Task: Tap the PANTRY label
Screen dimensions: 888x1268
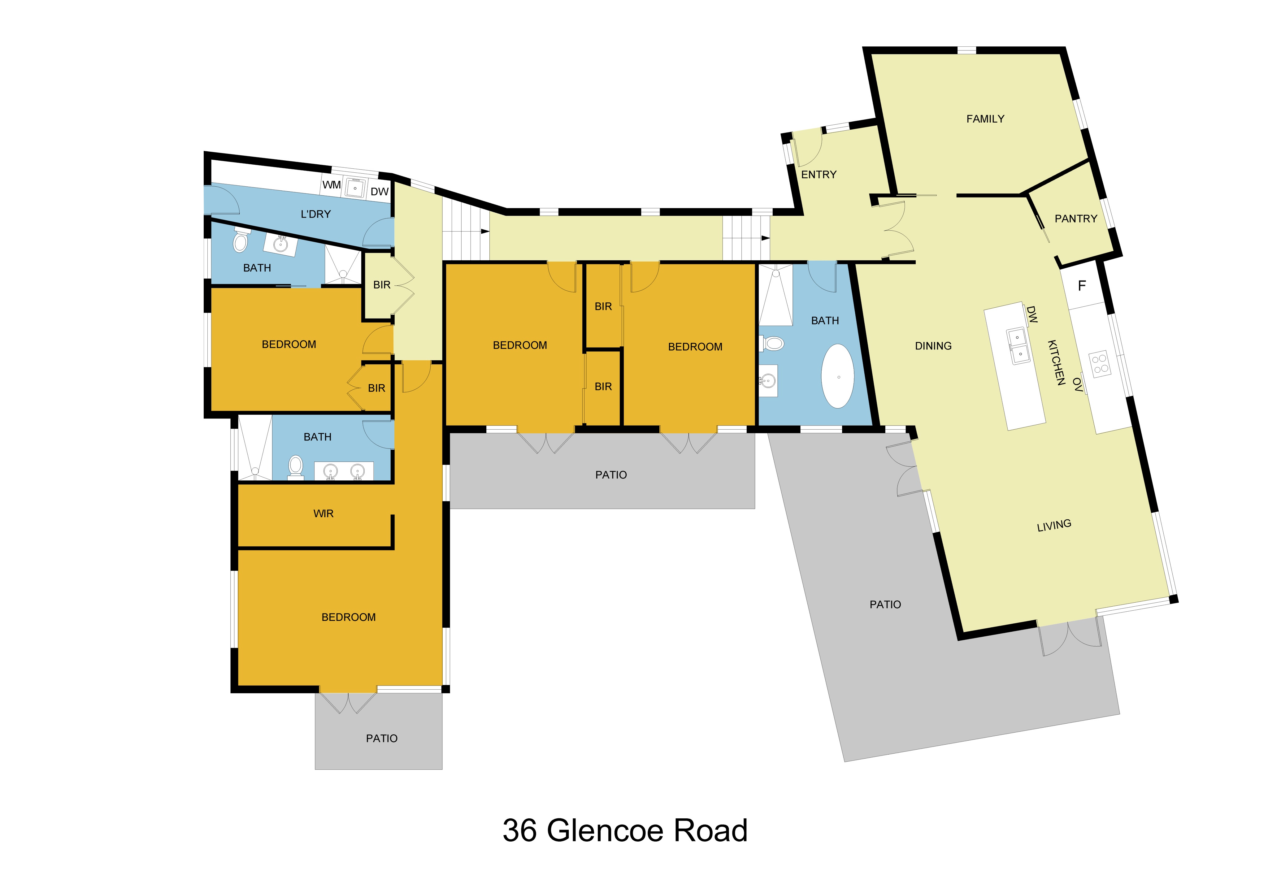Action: click(x=1075, y=219)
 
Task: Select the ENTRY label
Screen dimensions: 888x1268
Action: click(x=819, y=175)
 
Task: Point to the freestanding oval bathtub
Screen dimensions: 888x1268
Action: click(x=837, y=377)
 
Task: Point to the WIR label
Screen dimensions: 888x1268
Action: click(x=323, y=513)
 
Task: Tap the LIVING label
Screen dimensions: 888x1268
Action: click(x=1054, y=525)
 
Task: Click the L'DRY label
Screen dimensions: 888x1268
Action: click(x=315, y=214)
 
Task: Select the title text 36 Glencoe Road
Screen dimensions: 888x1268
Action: click(x=625, y=830)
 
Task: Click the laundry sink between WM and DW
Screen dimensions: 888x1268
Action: click(x=354, y=188)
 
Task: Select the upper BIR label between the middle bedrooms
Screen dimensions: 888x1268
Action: click(x=603, y=306)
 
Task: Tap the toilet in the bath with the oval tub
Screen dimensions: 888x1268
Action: click(x=773, y=344)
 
